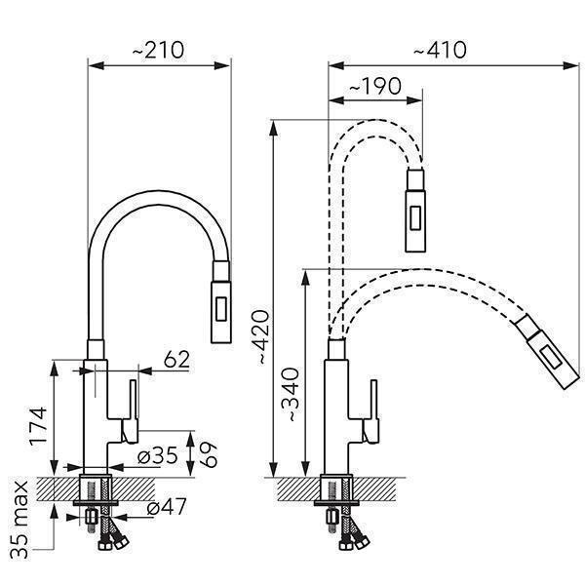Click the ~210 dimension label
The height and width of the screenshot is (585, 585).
tap(158, 50)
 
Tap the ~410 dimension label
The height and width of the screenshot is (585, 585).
tap(440, 50)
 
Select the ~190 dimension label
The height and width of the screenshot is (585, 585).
tap(375, 87)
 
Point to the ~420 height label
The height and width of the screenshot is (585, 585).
tap(259, 337)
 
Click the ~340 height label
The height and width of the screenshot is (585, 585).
tap(291, 395)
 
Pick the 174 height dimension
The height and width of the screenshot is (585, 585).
tap(38, 426)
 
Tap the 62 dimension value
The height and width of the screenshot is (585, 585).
tap(176, 359)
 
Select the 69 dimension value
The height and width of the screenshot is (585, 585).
tap(209, 454)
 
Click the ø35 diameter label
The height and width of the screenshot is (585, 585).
tap(157, 455)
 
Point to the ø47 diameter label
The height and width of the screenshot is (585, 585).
tap(166, 507)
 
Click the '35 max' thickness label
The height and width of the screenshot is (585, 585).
tap(19, 520)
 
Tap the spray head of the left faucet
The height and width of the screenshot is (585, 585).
tap(221, 302)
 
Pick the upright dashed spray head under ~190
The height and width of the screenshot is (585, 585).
tap(415, 211)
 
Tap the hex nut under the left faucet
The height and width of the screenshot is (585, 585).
tap(92, 517)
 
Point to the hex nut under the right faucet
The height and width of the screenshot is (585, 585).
tap(332, 517)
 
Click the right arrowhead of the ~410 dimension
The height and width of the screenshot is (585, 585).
tap(572, 66)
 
